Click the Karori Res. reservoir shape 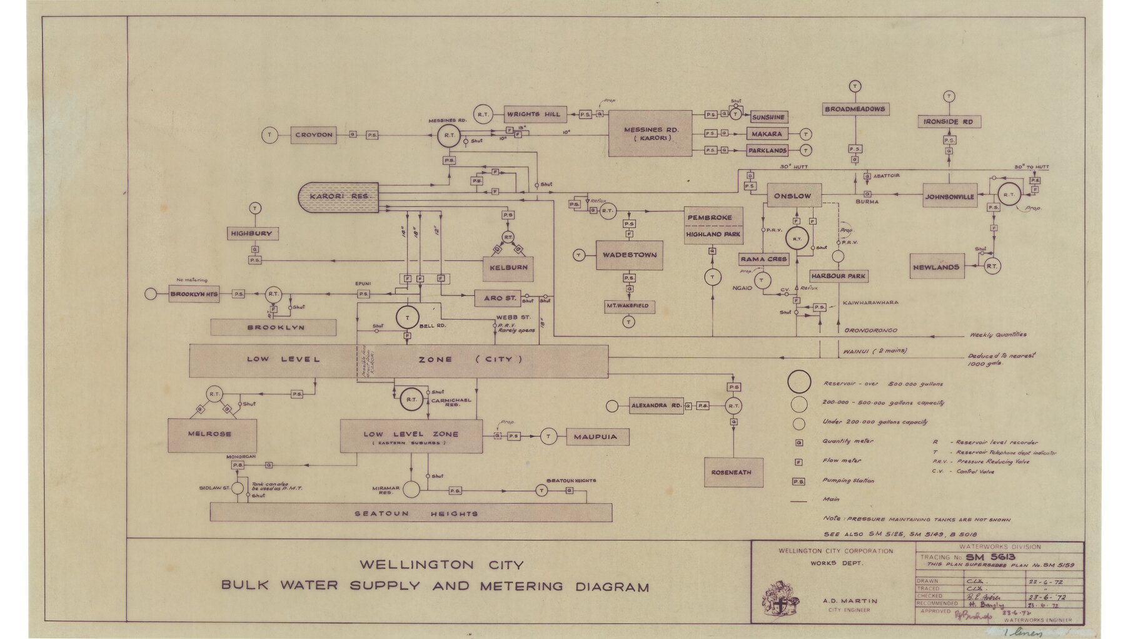click(340, 197)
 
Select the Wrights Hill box click(534, 115)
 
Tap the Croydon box click(314, 135)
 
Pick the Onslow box click(793, 196)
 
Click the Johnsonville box click(950, 197)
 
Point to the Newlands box click(936, 267)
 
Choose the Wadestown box click(629, 255)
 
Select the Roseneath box click(733, 473)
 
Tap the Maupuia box click(596, 437)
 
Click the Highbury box click(252, 233)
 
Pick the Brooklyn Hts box click(194, 294)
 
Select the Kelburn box click(508, 268)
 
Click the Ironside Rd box click(949, 121)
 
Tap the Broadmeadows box click(855, 109)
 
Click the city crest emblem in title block click(780, 598)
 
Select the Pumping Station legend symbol click(798, 481)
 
